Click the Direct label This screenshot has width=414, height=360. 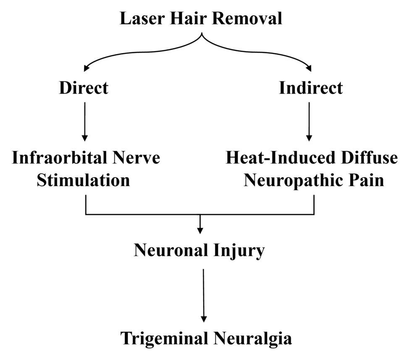pyautogui.click(x=84, y=88)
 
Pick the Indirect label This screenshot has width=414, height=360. pyautogui.click(x=311, y=88)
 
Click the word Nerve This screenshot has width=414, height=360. pyautogui.click(x=139, y=158)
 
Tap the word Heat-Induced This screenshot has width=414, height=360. pyautogui.click(x=277, y=158)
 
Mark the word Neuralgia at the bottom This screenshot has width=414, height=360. pyautogui.click(x=252, y=338)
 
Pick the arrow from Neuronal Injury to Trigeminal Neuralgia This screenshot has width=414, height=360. pyautogui.click(x=203, y=294)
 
